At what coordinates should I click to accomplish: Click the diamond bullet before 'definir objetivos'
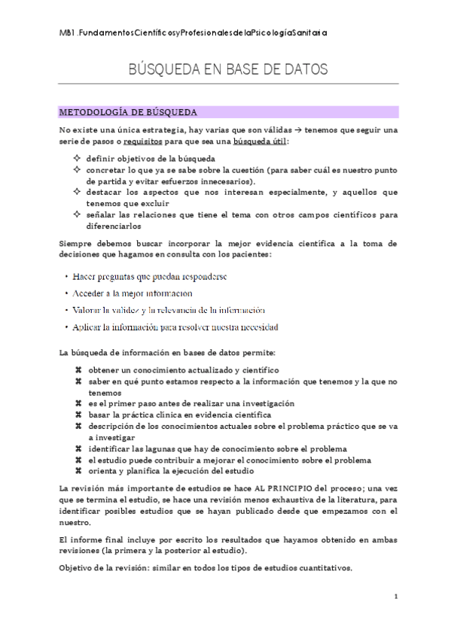[x=77, y=158]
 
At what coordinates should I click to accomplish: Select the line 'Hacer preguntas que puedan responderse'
[x=151, y=277]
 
